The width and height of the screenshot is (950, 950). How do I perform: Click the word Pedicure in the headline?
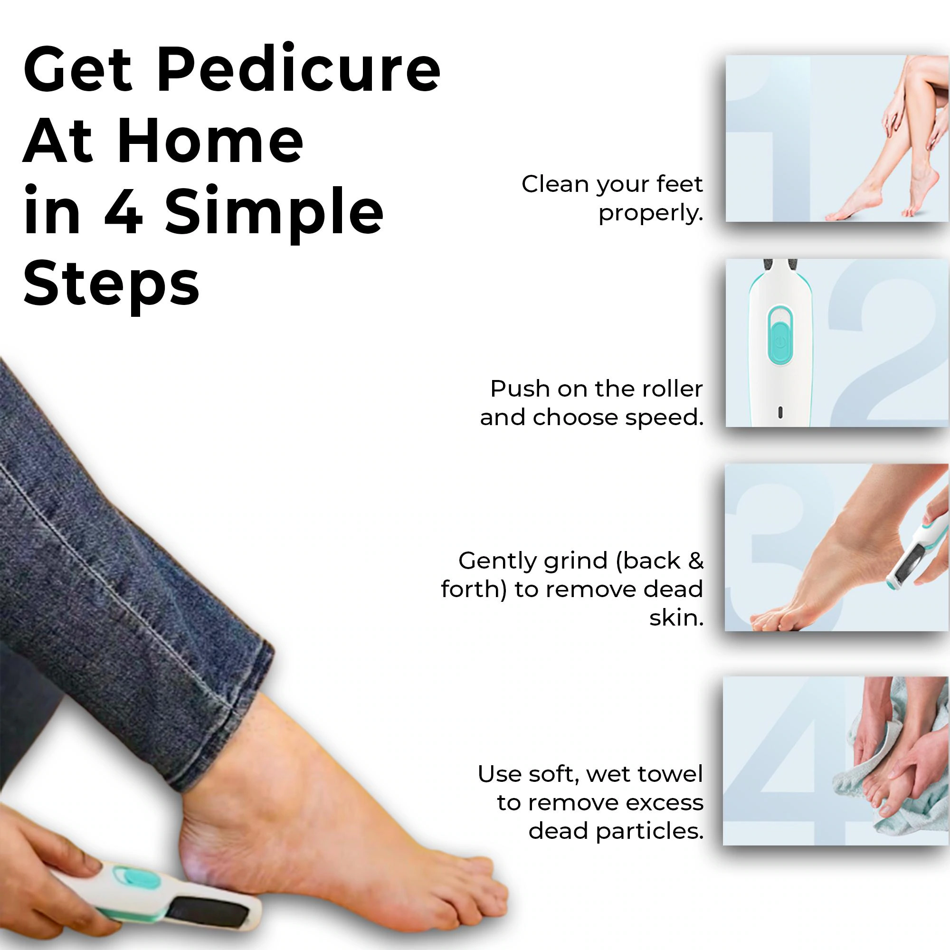[298, 71]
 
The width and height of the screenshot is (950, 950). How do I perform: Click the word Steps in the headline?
[112, 285]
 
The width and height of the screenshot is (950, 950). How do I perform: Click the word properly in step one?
[650, 213]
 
